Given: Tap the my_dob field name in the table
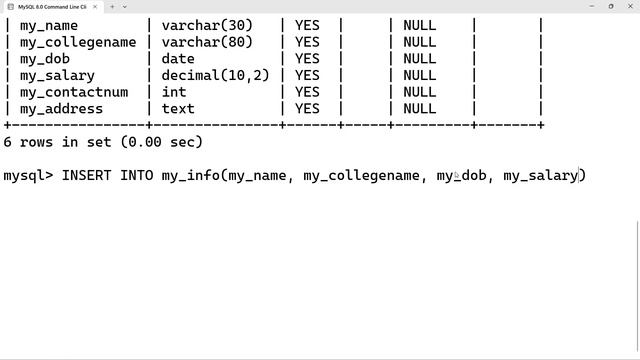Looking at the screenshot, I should coord(45,59).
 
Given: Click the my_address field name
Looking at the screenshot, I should coord(61,109).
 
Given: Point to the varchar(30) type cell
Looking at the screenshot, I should coord(207,25).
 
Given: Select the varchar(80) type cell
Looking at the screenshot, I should coord(207,42).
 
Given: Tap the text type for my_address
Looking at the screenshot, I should coord(178,109).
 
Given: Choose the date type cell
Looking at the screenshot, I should coord(178,59).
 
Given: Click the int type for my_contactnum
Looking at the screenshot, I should coord(174,92).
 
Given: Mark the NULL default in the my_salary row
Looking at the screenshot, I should coord(419,75).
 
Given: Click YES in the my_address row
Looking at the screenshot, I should coord(307,109).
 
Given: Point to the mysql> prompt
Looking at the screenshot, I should coord(28,176).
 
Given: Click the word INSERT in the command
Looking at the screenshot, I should coord(87,176).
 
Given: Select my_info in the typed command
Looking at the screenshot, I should coord(190,176).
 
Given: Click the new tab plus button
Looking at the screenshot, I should coord(111,6).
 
